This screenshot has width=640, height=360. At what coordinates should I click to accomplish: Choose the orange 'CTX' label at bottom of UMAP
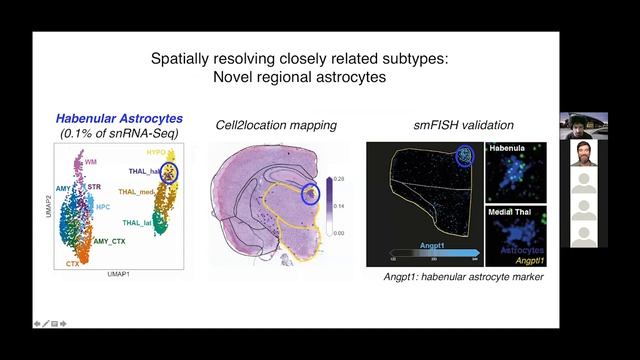coord(73,262)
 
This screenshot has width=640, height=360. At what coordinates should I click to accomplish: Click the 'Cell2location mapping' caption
coord(276,125)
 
